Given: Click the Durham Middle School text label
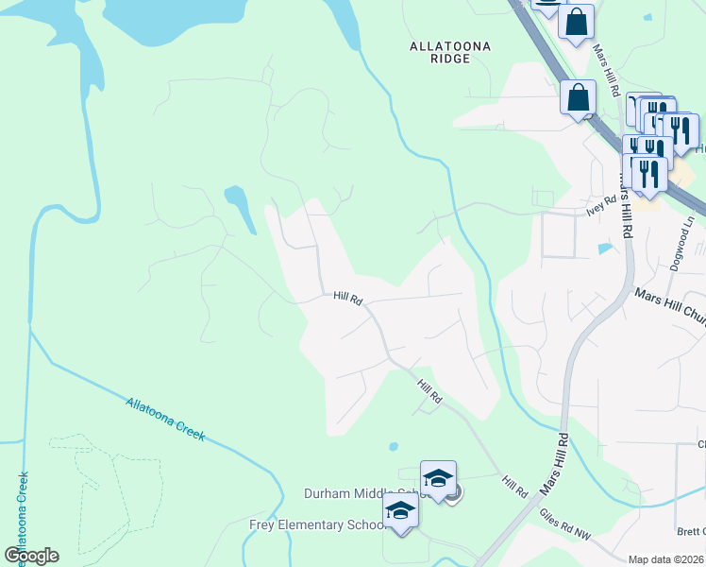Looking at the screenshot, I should (x=359, y=493).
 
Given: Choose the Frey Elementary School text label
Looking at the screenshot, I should (x=315, y=524).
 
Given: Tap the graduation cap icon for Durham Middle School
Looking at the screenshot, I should (x=438, y=478).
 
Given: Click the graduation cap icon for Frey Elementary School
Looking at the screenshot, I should (x=400, y=511).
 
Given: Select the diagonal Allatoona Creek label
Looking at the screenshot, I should (x=165, y=418).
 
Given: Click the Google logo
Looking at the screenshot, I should (x=31, y=556).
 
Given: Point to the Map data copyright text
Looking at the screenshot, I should (x=666, y=559).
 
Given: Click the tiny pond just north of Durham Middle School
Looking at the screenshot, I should (x=393, y=447).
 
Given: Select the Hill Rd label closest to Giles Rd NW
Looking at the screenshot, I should (x=514, y=488).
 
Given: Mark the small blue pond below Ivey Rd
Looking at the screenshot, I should (x=605, y=249).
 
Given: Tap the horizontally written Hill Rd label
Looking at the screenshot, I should (x=347, y=298).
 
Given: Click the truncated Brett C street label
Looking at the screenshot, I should (x=690, y=531).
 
